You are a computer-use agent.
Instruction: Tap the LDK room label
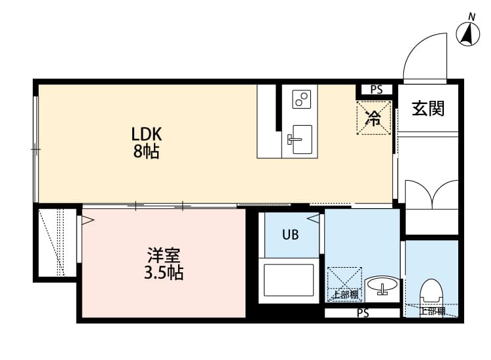pyautogui.click(x=147, y=134)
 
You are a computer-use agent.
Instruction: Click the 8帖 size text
pyautogui.click(x=147, y=153)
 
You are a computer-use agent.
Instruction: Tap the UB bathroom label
pyautogui.click(x=291, y=234)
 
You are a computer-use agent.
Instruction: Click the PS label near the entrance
pyautogui.click(x=376, y=90)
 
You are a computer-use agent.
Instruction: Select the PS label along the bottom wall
pyautogui.click(x=363, y=314)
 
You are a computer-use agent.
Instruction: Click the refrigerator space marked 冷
pyautogui.click(x=374, y=118)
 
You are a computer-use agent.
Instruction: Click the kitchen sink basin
pyautogui.click(x=302, y=139)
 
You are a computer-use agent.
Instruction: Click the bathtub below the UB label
pyautogui.click(x=290, y=279)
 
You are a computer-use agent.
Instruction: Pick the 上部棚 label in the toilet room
pyautogui.click(x=431, y=312)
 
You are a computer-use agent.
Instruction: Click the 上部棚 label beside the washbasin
pyautogui.click(x=345, y=295)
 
